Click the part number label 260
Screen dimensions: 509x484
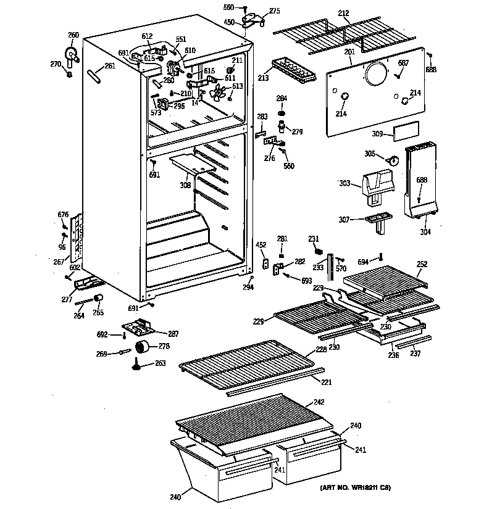click(73, 35)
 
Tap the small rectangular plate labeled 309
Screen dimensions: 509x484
click(407, 130)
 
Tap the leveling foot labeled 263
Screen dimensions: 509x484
click(135, 368)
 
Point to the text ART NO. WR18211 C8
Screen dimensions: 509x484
click(355, 488)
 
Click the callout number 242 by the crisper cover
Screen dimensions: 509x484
click(318, 402)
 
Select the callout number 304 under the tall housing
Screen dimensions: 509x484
click(425, 233)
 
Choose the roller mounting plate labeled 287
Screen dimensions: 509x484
click(141, 328)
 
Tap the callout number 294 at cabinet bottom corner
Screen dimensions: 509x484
click(248, 288)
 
